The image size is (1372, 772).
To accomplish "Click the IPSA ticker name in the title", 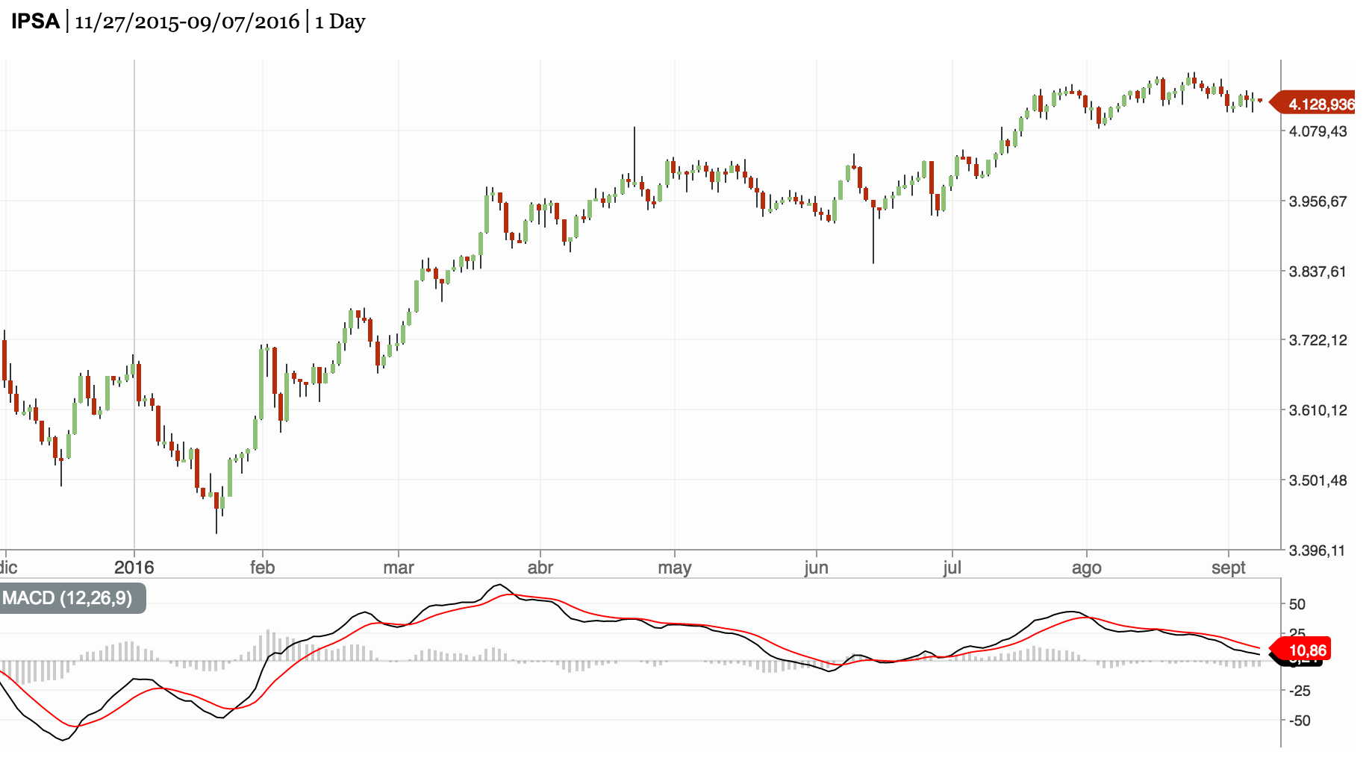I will click(x=35, y=21).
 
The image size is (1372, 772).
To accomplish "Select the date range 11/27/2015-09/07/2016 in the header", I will click(x=187, y=22).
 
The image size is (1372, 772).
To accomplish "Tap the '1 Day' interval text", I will click(x=340, y=22).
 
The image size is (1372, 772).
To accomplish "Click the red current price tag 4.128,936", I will click(x=1320, y=104).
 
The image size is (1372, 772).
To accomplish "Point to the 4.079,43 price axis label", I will click(x=1318, y=131).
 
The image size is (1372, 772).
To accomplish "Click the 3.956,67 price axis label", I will click(x=1318, y=201).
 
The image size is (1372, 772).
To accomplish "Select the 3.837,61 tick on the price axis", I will click(x=1318, y=272).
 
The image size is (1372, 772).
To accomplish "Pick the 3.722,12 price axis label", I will click(x=1318, y=340).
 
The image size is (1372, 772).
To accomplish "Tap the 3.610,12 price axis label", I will click(x=1318, y=410).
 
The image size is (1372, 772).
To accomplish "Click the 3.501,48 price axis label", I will click(x=1318, y=480).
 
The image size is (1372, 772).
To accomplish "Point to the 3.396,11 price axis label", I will click(x=1318, y=550).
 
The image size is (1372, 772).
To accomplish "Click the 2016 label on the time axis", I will click(x=134, y=568).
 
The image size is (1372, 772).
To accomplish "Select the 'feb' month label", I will click(x=262, y=568).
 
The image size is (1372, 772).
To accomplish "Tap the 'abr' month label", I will click(x=540, y=568).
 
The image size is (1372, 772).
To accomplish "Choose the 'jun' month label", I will click(x=816, y=568).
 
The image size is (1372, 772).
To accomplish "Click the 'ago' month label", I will click(x=1086, y=568).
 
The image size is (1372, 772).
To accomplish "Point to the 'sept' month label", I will click(x=1228, y=568).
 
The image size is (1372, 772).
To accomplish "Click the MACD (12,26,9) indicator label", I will click(x=67, y=598).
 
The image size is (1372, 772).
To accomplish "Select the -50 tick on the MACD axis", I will click(x=1300, y=721).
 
